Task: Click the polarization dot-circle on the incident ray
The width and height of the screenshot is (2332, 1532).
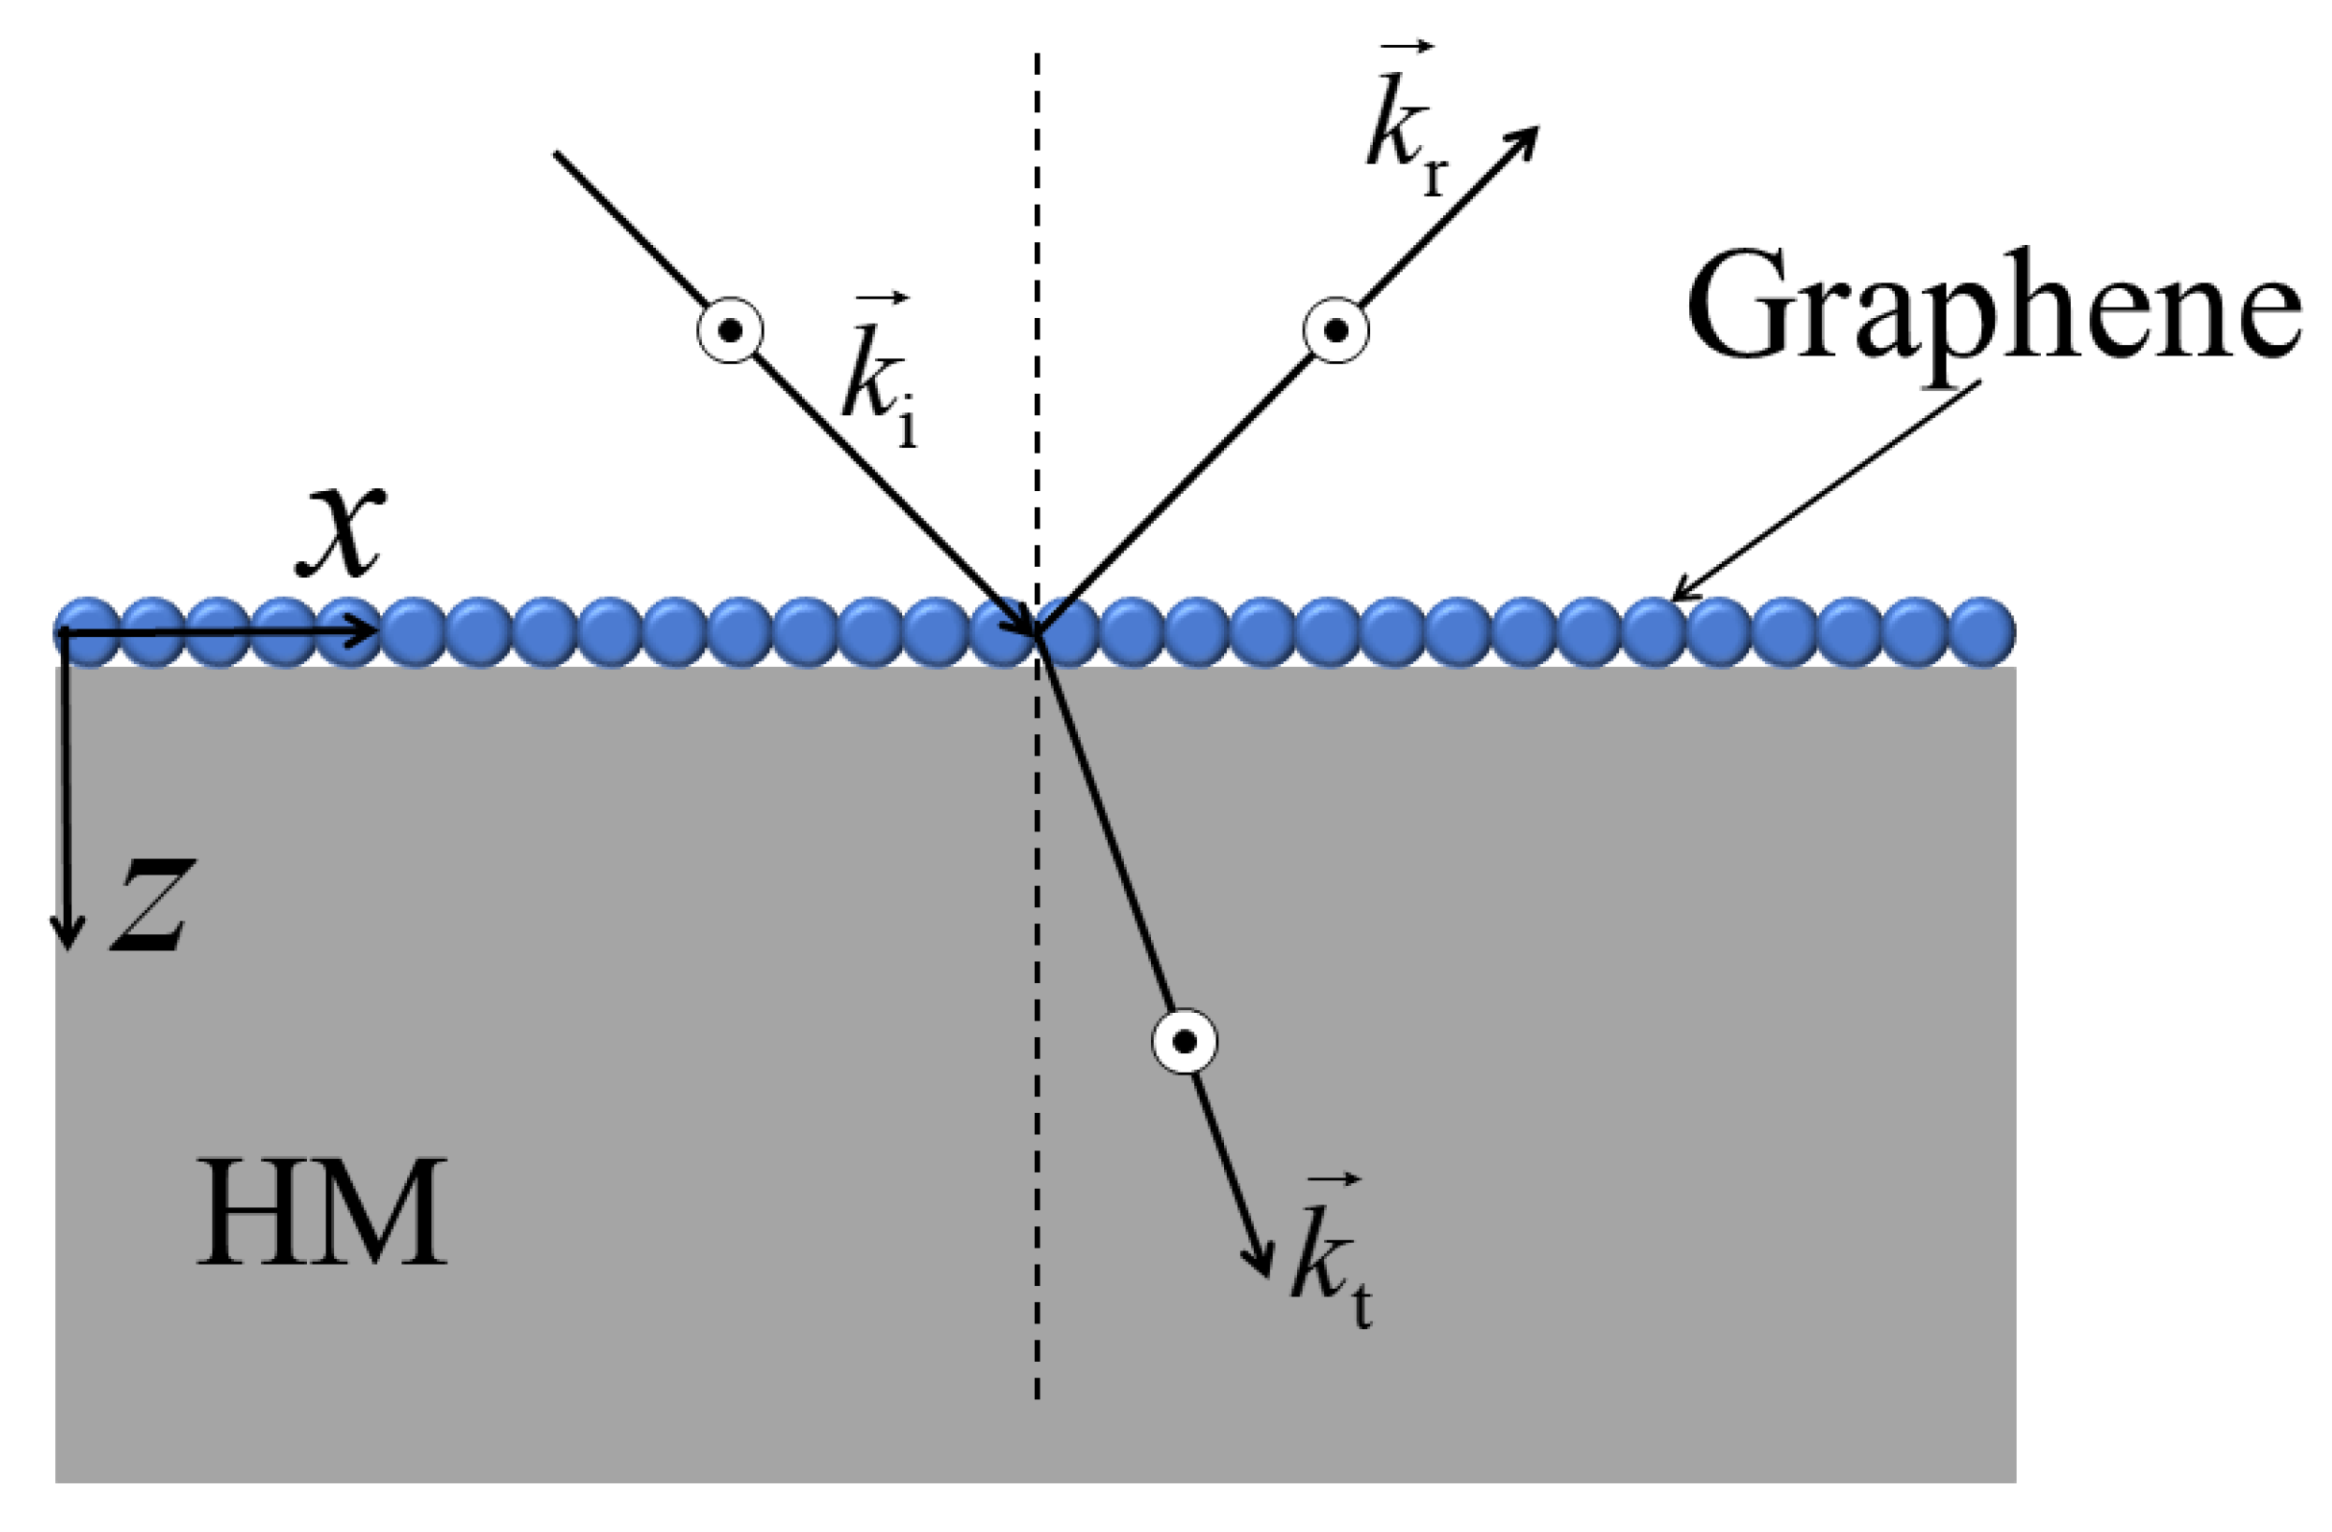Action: tap(730, 331)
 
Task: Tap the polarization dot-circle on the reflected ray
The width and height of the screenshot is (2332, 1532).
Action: tap(1335, 331)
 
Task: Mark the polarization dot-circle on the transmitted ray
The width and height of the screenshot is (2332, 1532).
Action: tap(1185, 1041)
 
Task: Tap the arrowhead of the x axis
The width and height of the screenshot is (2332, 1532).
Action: tap(371, 632)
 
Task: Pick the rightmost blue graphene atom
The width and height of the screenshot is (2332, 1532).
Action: tap(1982, 632)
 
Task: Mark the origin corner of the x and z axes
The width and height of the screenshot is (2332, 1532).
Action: tap(65, 633)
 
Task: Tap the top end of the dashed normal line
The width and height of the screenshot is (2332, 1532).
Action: tap(1037, 54)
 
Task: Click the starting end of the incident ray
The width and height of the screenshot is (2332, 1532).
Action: tap(557, 152)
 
